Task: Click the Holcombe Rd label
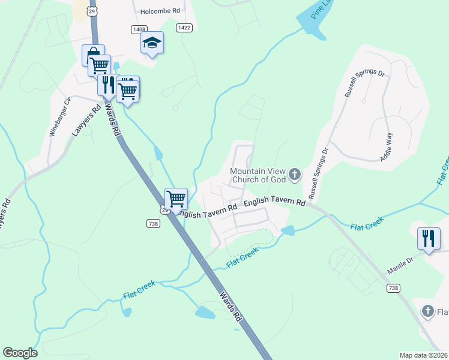(x=160, y=11)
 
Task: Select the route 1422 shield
(x=184, y=28)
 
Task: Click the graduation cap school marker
(x=152, y=43)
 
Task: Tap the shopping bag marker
(x=93, y=55)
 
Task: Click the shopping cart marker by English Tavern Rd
(x=176, y=198)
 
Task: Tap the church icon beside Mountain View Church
(x=294, y=175)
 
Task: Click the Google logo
(x=20, y=353)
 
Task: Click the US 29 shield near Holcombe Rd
(x=92, y=11)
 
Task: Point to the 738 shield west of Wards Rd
(x=152, y=223)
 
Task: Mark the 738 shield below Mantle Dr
(x=393, y=289)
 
